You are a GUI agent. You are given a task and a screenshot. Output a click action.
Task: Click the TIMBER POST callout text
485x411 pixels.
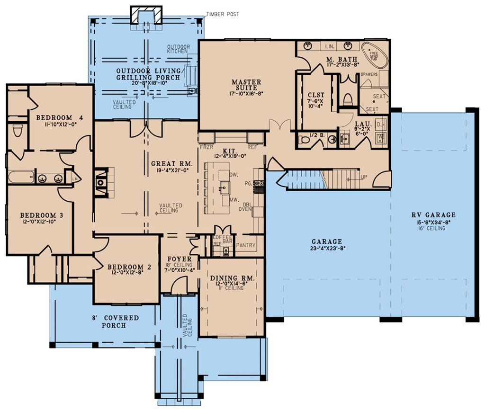tap(222, 15)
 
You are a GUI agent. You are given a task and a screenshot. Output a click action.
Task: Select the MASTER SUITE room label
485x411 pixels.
tap(246, 85)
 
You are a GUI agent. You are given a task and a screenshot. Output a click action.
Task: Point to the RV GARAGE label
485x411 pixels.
tap(433, 215)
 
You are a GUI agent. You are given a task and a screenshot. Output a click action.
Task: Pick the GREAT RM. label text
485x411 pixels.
tap(169, 164)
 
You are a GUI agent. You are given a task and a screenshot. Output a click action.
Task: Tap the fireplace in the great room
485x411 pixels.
tap(101, 181)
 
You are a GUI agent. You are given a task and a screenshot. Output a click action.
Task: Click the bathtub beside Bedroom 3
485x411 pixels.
tap(20, 178)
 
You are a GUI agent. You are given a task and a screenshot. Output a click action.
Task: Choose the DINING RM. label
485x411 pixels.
tap(232, 278)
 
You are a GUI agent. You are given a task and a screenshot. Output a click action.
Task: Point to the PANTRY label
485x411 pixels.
tap(245, 245)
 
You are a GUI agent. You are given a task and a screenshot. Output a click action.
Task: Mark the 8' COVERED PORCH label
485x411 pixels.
tap(120, 322)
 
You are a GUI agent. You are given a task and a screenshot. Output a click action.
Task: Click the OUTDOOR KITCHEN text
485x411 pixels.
tap(178, 49)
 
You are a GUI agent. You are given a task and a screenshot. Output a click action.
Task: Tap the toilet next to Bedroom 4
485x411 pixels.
tap(17, 129)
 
